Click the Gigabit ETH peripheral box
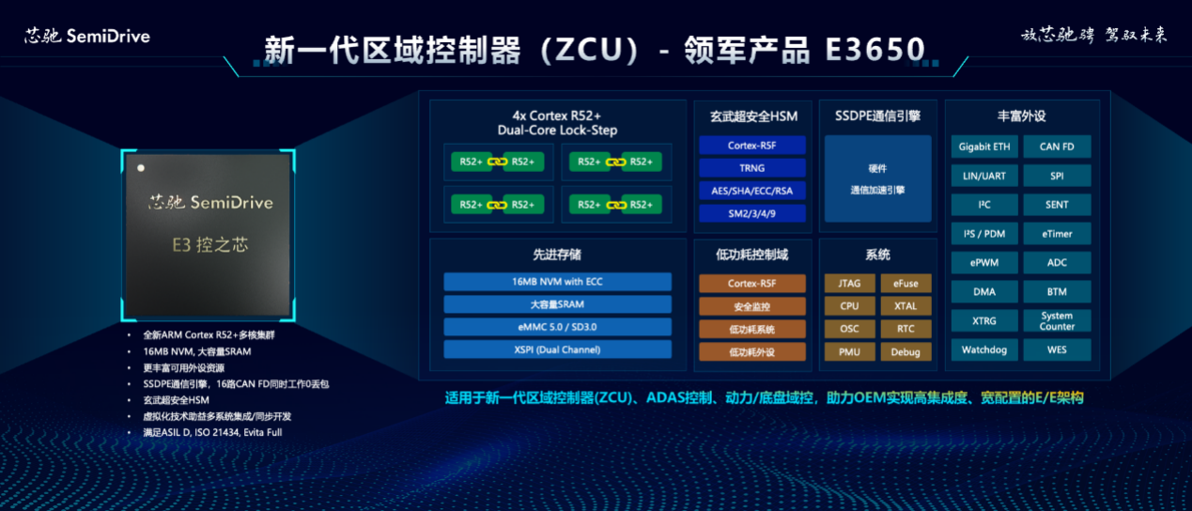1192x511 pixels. pyautogui.click(x=984, y=147)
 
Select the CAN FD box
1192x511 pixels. pyautogui.click(x=1057, y=147)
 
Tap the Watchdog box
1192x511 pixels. pyautogui.click(x=984, y=349)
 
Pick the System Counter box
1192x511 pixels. pyautogui.click(x=1057, y=321)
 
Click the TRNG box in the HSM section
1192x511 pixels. pyautogui.click(x=751, y=168)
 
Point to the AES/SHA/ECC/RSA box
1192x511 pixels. pyautogui.click(x=751, y=191)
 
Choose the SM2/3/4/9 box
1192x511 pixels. pyautogui.click(x=751, y=213)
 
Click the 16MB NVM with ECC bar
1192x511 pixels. pyautogui.click(x=557, y=282)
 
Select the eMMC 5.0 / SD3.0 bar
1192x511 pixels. pyautogui.click(x=557, y=327)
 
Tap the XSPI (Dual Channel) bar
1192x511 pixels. pyautogui.click(x=557, y=349)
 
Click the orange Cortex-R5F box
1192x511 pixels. pyautogui.click(x=751, y=283)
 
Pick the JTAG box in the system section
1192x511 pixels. pyautogui.click(x=849, y=283)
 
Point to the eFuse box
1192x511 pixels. pyautogui.click(x=906, y=283)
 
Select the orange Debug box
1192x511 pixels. pyautogui.click(x=906, y=352)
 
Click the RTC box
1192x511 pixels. pyautogui.click(x=906, y=329)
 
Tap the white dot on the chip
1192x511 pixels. pyautogui.click(x=141, y=168)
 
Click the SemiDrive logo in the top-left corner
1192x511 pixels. pyautogui.click(x=87, y=37)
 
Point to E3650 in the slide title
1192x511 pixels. pyautogui.click(x=875, y=50)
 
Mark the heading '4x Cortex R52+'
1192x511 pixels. pyautogui.click(x=557, y=116)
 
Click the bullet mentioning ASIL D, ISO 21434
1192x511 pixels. pyautogui.click(x=212, y=432)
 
